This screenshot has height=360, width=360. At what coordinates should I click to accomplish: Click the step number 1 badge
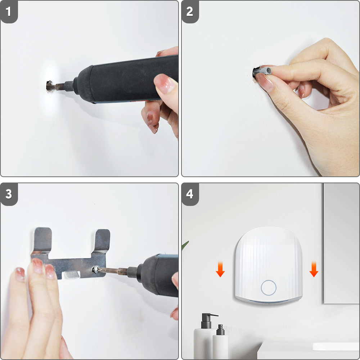click(x=9, y=12)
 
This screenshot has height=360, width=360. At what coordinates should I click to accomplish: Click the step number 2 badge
click(x=190, y=12)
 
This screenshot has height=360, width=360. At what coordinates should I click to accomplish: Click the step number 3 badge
click(x=9, y=194)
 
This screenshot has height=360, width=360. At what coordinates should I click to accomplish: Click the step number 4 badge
click(x=190, y=194)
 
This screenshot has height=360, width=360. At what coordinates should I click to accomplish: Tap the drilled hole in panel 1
click(x=49, y=86)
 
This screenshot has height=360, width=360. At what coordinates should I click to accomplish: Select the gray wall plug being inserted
click(x=262, y=72)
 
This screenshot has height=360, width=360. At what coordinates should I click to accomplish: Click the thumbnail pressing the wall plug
click(x=265, y=81)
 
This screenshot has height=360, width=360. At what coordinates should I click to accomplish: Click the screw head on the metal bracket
click(x=96, y=269)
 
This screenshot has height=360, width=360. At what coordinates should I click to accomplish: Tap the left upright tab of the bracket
click(x=42, y=240)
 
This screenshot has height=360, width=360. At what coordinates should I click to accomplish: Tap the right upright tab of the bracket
click(x=102, y=241)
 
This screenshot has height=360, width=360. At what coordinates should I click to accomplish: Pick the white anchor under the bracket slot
click(x=72, y=275)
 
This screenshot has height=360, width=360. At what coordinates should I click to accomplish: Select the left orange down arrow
click(x=220, y=269)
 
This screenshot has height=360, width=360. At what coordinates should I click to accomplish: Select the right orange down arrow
click(x=314, y=269)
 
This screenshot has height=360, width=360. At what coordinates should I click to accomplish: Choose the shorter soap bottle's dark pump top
click(x=221, y=330)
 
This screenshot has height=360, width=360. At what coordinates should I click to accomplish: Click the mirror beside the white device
click(x=342, y=243)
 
